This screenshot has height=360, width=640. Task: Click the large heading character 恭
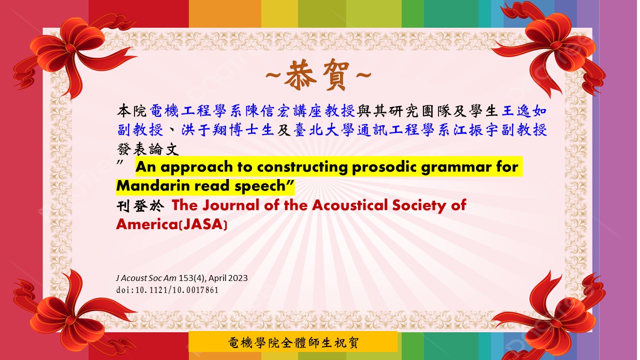point(300,75)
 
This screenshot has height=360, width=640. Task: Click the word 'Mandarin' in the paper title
point(153,185)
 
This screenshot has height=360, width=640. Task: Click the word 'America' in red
point(147,224)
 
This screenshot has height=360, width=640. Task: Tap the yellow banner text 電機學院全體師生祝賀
point(293,342)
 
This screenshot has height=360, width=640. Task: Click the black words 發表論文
point(147,149)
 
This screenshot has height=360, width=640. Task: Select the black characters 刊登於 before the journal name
point(140,205)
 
